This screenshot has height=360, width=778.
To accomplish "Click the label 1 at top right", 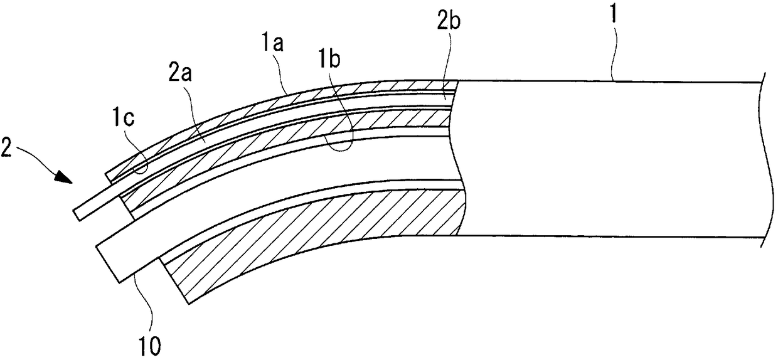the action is coord(614,12).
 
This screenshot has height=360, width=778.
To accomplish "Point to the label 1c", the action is coord(123,118).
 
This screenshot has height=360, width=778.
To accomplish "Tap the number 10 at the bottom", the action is coord(151,346).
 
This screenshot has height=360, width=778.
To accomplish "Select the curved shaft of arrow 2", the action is coord(38,156).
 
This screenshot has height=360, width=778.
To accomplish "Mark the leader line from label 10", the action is coord(146,302).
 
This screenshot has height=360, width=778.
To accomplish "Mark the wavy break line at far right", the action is coord(767,160).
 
